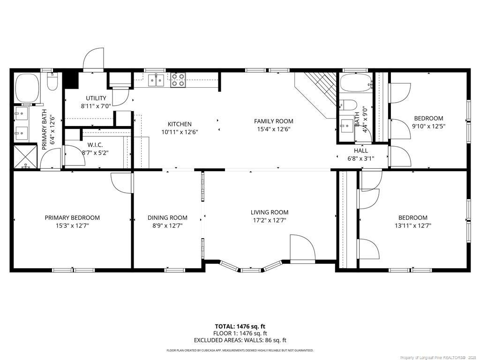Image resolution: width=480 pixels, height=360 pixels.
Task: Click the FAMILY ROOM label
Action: coord(274,121)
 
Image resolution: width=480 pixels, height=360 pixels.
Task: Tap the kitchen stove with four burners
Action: coord(178,80)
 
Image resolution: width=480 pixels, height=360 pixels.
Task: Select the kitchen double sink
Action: coord(156,80)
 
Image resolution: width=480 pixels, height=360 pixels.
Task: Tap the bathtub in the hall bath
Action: coord(356,83)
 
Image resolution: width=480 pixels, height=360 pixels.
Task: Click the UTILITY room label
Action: coord(96,98)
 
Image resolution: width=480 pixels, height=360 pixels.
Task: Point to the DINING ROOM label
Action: coord(167,217)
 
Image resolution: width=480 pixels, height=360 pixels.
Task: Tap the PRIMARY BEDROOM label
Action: coord(72,217)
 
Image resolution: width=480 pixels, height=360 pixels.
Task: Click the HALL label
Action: coord(361,150)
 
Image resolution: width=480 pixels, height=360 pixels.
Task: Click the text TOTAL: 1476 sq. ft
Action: coord(240,326)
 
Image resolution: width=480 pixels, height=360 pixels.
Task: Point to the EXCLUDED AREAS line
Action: coord(240,340)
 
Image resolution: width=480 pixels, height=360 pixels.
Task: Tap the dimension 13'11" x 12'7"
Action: coord(413,225)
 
